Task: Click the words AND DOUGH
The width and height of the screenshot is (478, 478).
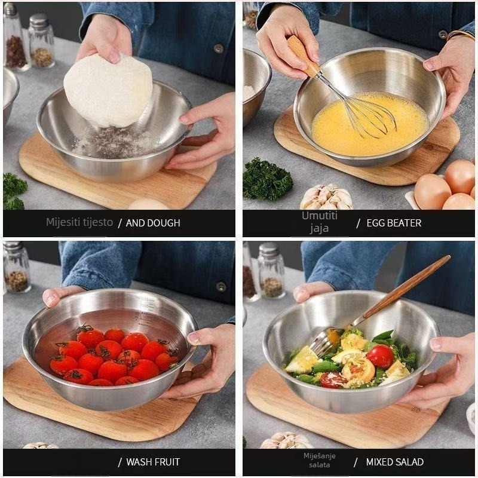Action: (x=153, y=223)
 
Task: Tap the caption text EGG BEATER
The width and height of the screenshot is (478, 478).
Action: (x=394, y=223)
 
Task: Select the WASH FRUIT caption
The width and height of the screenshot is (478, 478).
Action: (x=153, y=462)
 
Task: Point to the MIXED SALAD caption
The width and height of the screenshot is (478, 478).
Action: (x=395, y=462)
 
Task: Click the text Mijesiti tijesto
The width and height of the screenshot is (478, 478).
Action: (x=79, y=222)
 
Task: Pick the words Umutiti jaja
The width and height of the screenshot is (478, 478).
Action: (x=320, y=222)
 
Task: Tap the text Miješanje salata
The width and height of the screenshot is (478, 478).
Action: (x=320, y=460)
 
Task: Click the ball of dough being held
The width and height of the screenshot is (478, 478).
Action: (x=108, y=91)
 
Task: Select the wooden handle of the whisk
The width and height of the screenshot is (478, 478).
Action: (x=304, y=56)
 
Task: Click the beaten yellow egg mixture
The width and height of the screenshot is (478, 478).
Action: (x=370, y=124)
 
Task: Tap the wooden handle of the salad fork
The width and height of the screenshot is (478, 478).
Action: (x=406, y=287)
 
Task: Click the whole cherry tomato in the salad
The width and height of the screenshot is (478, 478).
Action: (x=380, y=356)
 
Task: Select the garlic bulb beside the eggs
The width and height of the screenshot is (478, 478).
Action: (x=326, y=197)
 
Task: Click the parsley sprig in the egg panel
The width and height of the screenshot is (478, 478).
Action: (x=267, y=179)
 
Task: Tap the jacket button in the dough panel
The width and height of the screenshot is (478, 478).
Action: (x=218, y=48)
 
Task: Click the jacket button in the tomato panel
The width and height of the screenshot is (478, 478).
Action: (x=221, y=287)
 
